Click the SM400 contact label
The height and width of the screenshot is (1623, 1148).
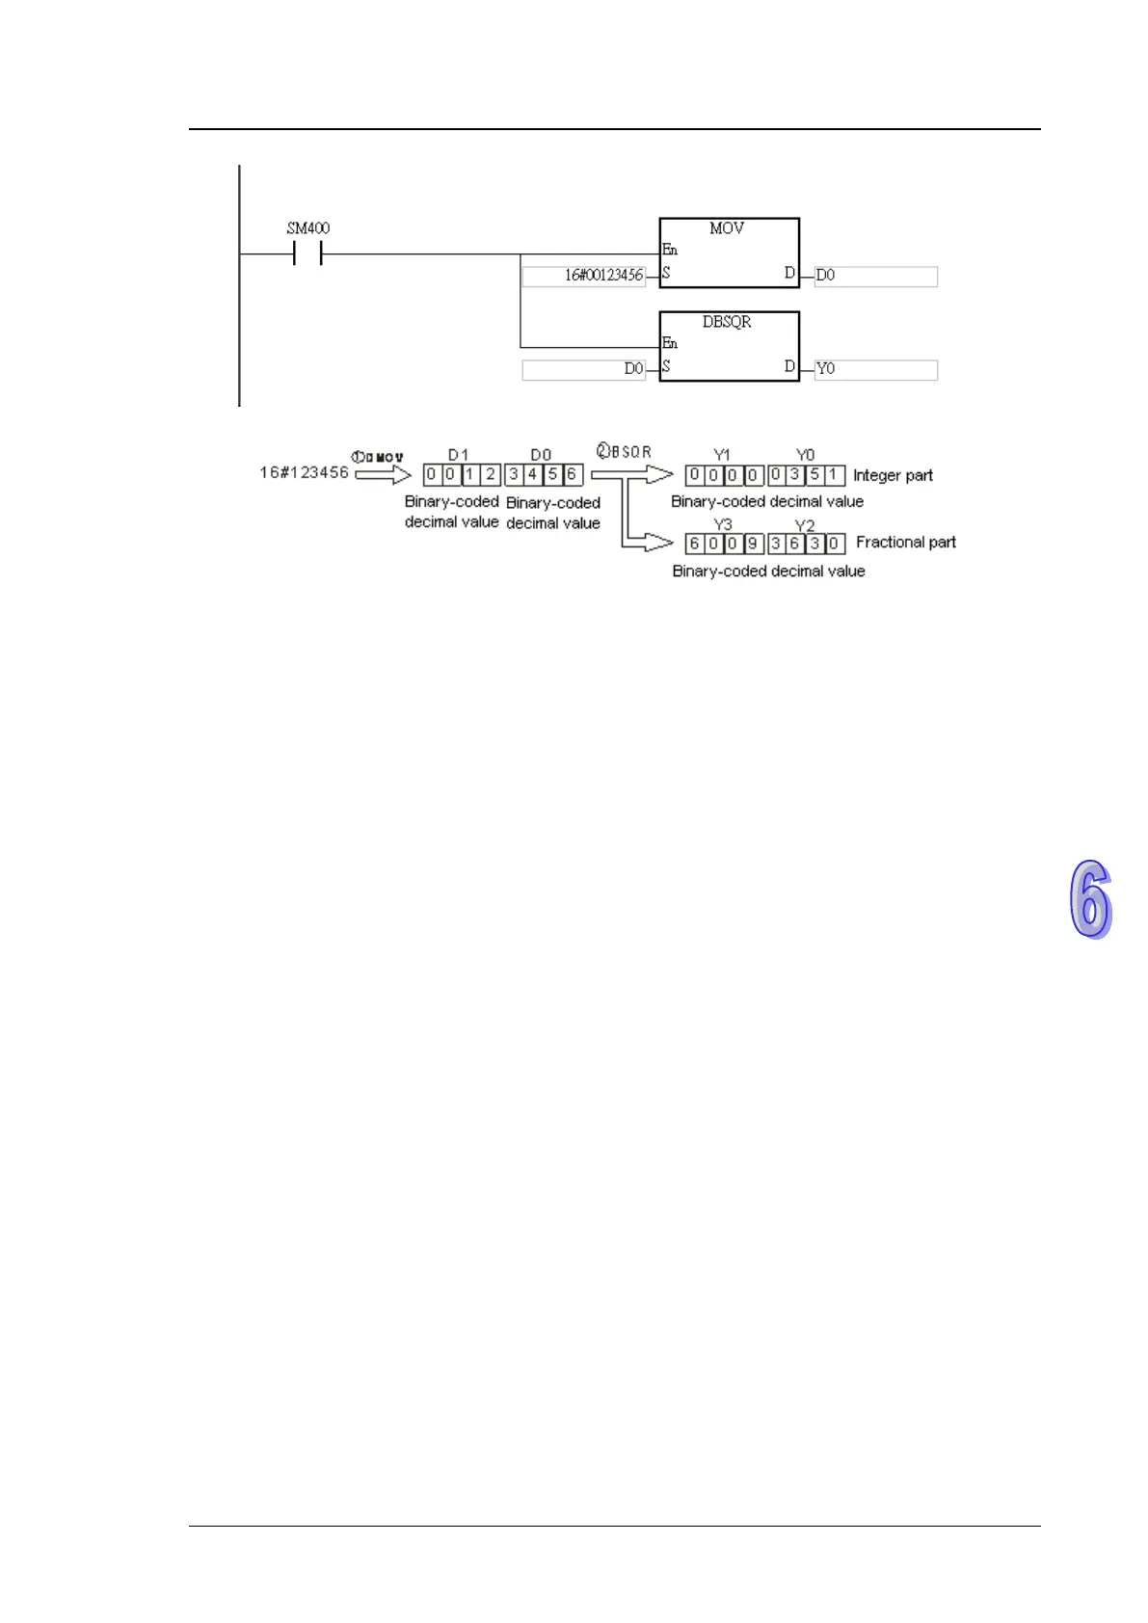307,228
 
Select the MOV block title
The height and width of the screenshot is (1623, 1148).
727,228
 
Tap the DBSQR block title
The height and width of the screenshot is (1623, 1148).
727,322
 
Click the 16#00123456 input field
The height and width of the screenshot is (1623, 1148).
584,276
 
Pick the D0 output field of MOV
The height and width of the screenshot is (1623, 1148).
875,276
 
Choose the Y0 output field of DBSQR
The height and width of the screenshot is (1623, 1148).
875,369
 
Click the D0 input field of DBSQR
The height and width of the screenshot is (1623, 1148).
584,369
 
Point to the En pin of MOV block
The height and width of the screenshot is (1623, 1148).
670,250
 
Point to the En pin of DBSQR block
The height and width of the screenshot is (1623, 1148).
670,343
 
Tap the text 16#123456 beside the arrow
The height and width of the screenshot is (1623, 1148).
304,472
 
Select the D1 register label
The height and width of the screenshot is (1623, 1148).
458,455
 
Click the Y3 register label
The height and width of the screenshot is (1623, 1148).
722,525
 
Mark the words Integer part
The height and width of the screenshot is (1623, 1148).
893,475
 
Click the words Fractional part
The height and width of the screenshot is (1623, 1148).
905,543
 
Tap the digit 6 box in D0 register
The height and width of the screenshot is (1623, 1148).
572,474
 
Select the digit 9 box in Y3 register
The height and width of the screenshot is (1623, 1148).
752,544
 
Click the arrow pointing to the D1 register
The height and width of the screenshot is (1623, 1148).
384,474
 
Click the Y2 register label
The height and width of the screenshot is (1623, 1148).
805,525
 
